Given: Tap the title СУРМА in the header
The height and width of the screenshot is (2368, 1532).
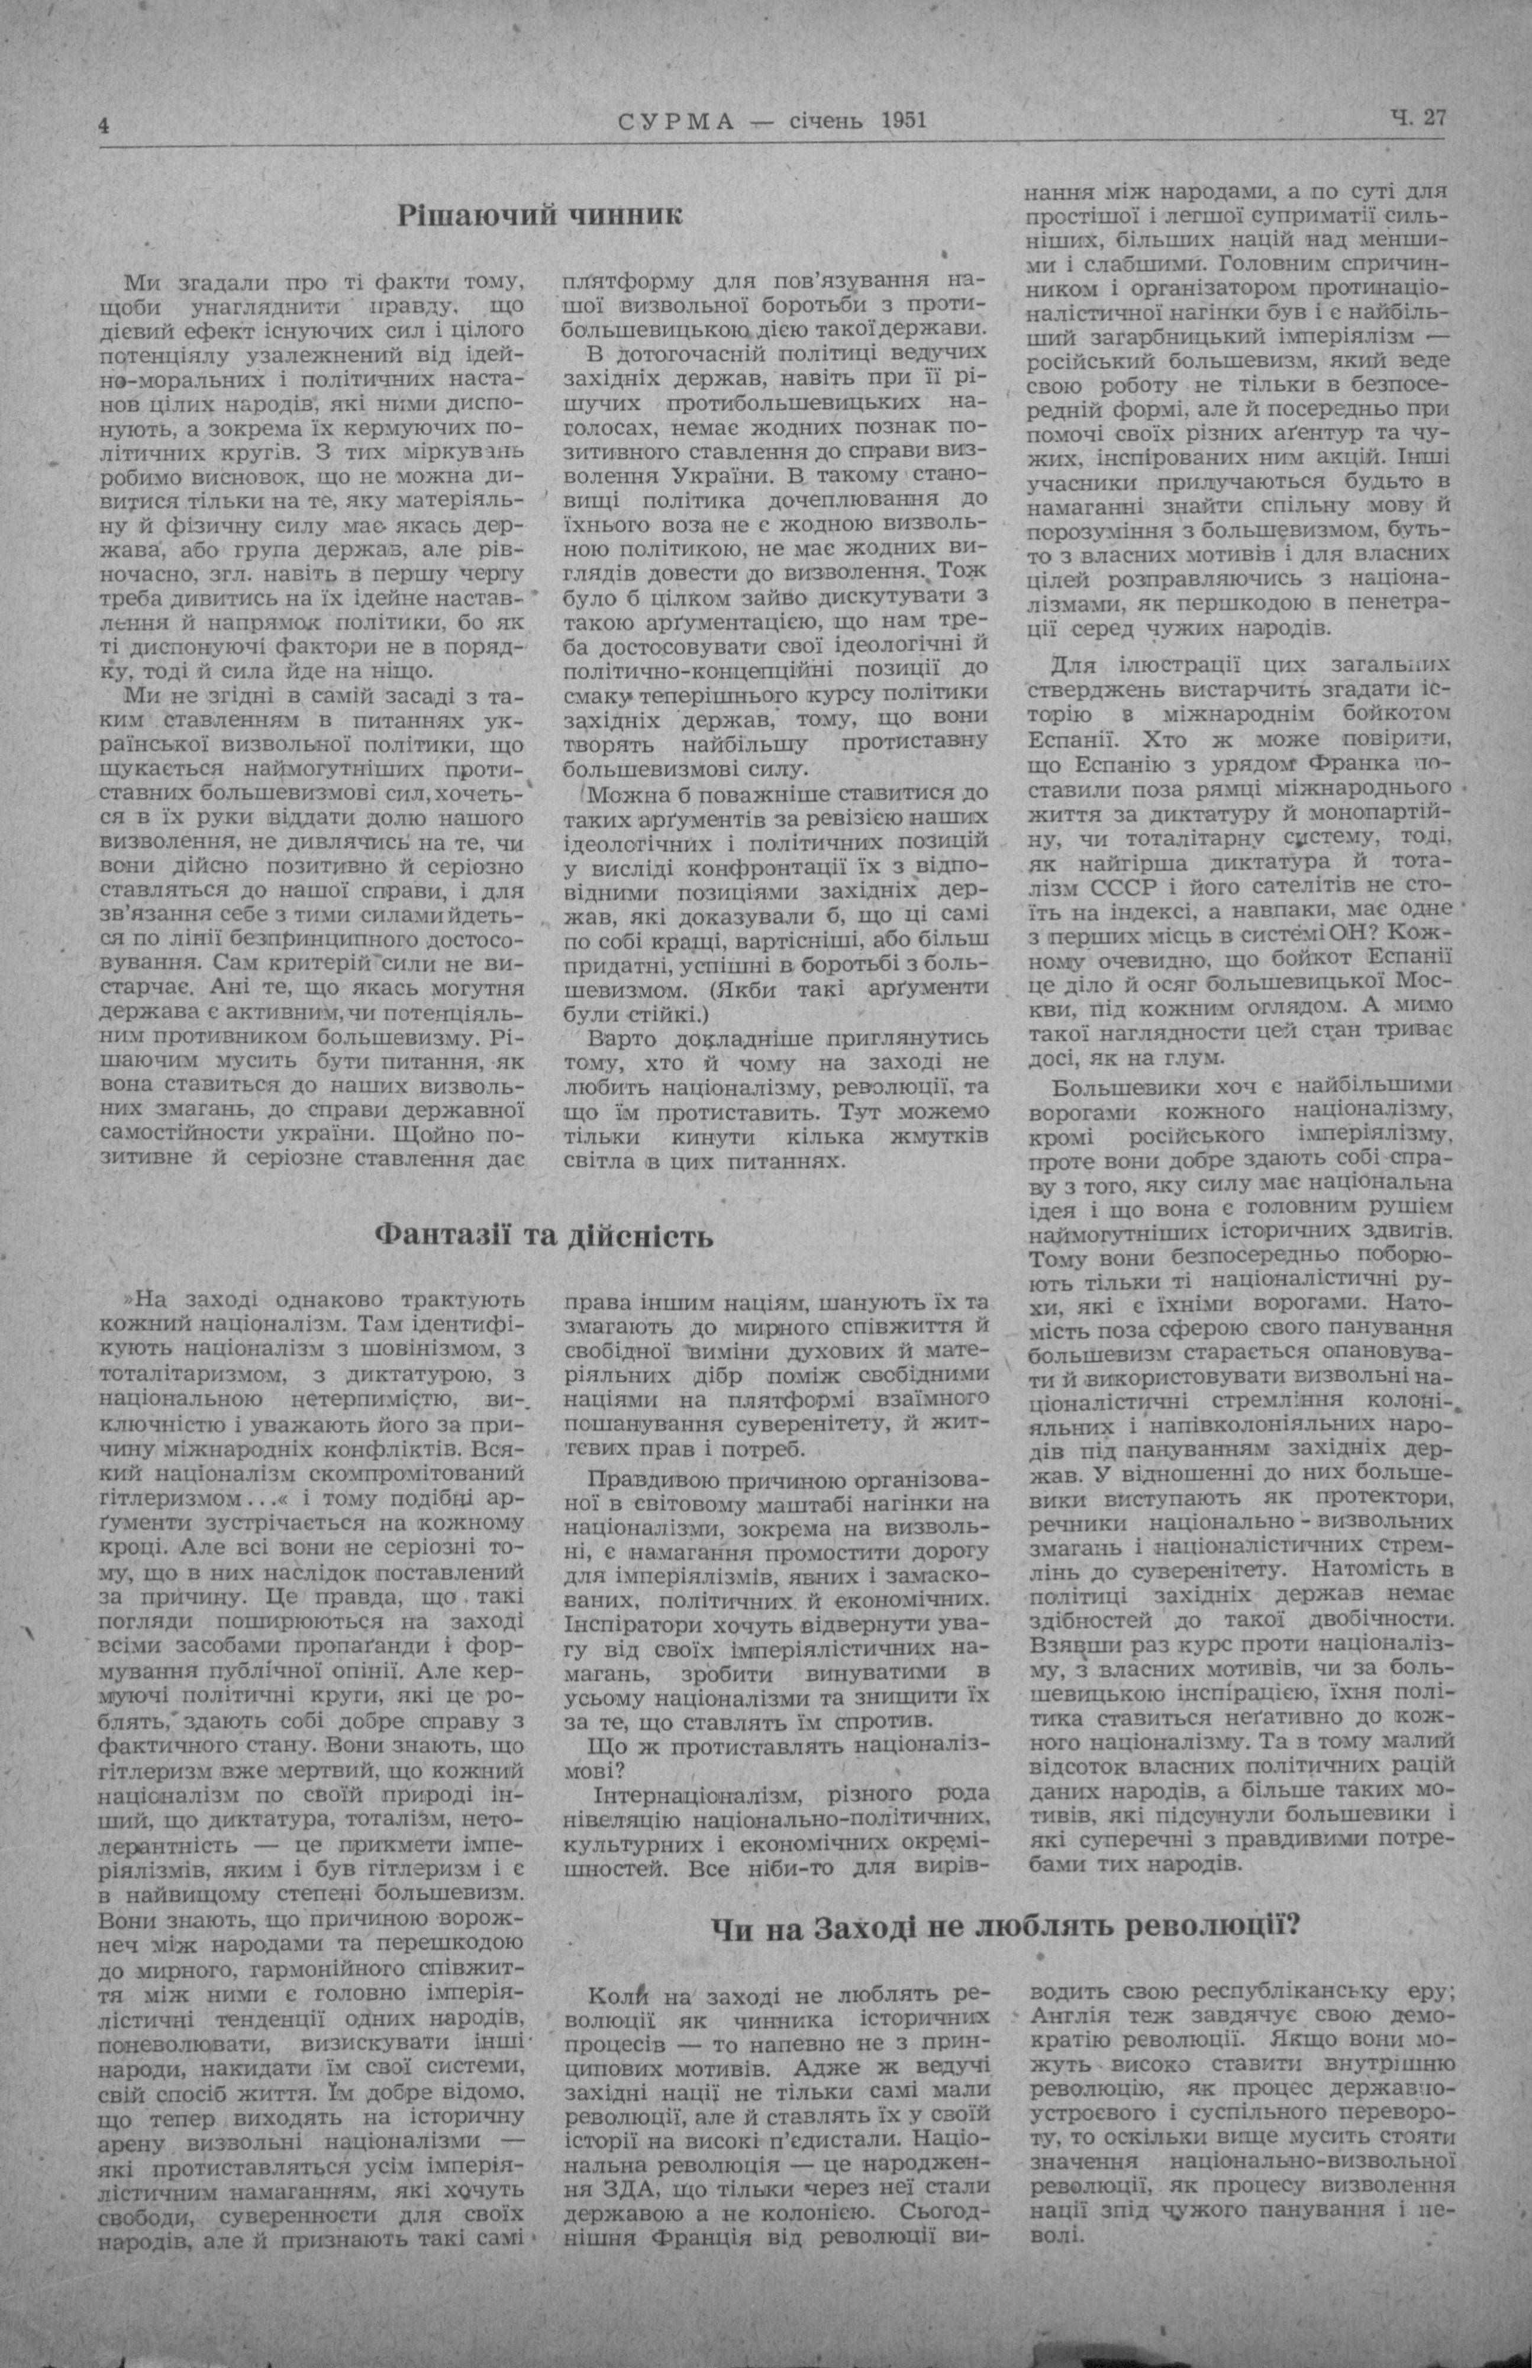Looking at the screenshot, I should pos(676,123).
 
